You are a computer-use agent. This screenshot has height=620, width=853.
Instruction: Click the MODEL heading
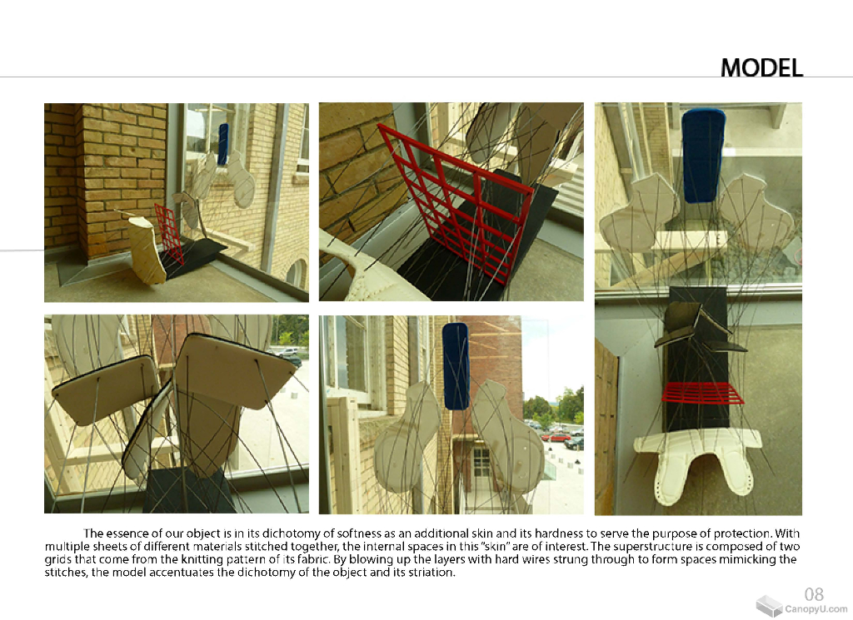[761, 67]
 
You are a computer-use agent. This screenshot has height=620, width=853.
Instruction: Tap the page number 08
[814, 593]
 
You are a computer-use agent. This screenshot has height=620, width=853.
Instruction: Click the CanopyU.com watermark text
[816, 609]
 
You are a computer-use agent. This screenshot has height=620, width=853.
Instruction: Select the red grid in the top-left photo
[168, 234]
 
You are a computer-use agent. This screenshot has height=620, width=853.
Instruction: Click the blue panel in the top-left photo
[222, 144]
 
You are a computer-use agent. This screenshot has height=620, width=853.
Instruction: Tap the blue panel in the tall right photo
[703, 156]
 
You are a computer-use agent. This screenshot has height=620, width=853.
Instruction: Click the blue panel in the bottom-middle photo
[456, 365]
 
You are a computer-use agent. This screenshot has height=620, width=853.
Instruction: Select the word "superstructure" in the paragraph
[668, 546]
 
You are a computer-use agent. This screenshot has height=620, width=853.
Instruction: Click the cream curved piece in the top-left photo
[147, 250]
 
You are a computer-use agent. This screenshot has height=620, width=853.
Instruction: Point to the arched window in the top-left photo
[297, 273]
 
